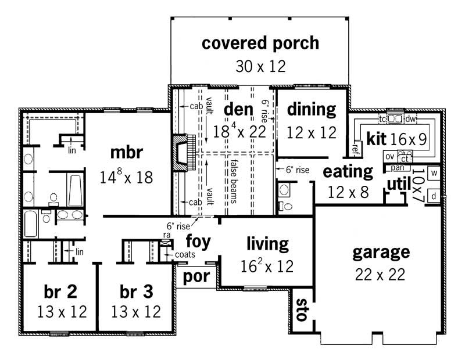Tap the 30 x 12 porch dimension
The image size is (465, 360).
260,66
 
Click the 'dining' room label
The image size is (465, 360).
312,109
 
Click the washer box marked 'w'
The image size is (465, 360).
433,173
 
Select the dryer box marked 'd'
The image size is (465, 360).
433,196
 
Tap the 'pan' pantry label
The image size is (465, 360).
397,168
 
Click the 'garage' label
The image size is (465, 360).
381,253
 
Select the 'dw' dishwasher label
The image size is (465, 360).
410,119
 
